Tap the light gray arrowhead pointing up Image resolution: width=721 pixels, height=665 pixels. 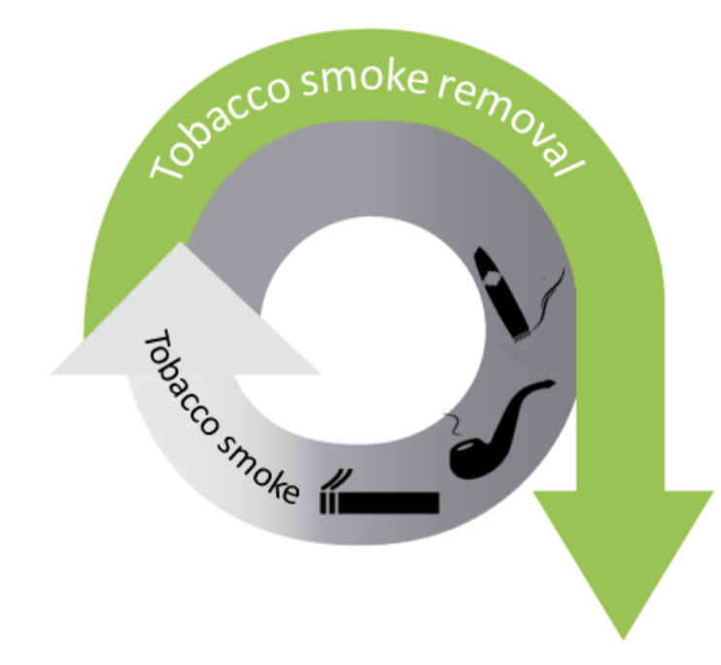click(185, 321)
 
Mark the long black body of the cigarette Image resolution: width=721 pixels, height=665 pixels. click(389, 503)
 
